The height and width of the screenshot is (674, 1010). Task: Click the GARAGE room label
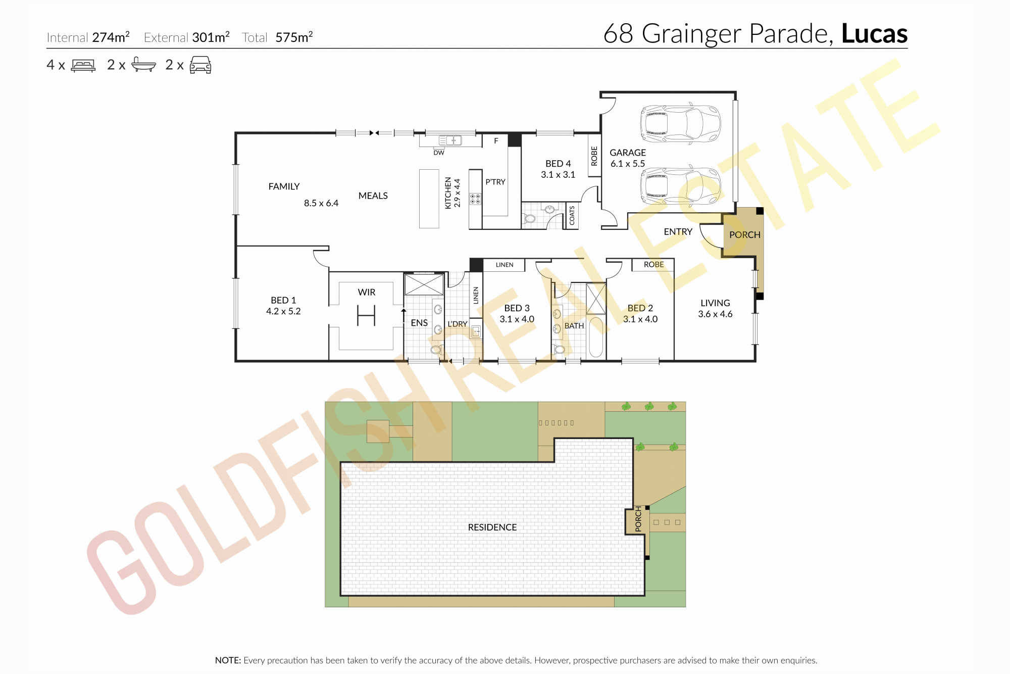[628, 153]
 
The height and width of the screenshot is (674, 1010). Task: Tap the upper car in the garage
[680, 124]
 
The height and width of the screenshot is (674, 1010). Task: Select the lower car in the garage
[680, 185]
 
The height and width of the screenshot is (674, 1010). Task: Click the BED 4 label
[558, 164]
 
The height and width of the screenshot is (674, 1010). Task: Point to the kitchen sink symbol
[450, 140]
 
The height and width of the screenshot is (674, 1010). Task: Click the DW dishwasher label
[439, 153]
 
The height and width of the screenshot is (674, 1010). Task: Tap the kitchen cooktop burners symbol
[475, 199]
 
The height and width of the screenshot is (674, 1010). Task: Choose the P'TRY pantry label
[495, 182]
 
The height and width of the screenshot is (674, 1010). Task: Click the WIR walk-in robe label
[367, 292]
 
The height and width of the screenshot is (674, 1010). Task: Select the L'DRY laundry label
[458, 324]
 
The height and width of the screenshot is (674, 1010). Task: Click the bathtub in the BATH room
[596, 338]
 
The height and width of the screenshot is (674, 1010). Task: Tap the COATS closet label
[572, 215]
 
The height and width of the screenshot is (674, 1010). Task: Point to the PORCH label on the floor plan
[745, 235]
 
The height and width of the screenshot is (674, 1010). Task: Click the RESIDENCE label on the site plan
[492, 527]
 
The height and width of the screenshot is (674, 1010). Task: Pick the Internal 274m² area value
[111, 37]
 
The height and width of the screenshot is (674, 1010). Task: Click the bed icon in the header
[83, 65]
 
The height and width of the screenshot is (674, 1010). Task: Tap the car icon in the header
[200, 65]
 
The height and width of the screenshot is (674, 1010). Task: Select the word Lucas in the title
[875, 34]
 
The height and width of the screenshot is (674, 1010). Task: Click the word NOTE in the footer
[228, 660]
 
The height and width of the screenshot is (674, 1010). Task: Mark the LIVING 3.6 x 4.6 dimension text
[715, 314]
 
